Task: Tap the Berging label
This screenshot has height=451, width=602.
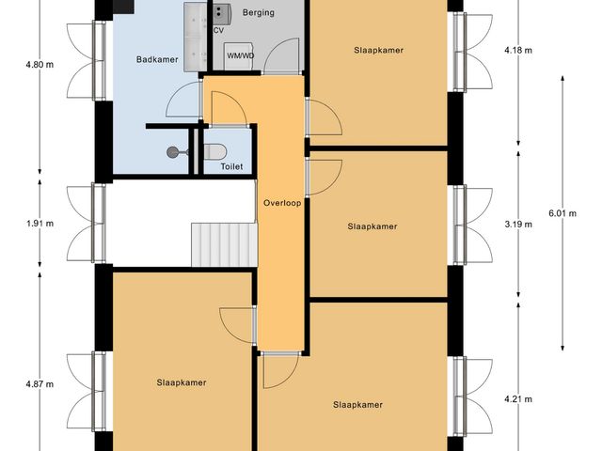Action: pos(258,14)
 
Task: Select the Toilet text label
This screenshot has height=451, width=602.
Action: pos(231,166)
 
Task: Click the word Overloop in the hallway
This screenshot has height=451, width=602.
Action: pos(282,202)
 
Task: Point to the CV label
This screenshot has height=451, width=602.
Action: pos(218,31)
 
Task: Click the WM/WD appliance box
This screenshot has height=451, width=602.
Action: pos(240,56)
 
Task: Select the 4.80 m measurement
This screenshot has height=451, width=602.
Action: pos(40,66)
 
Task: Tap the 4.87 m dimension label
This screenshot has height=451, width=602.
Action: pos(40,384)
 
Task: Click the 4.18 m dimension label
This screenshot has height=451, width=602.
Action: pos(518,50)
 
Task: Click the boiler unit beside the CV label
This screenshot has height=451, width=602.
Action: pos(222,13)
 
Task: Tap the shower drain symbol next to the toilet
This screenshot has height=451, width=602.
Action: pos(172,151)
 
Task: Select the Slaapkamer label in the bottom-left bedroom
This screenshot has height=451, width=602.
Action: pos(182,382)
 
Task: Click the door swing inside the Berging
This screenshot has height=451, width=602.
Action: pos(281,59)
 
